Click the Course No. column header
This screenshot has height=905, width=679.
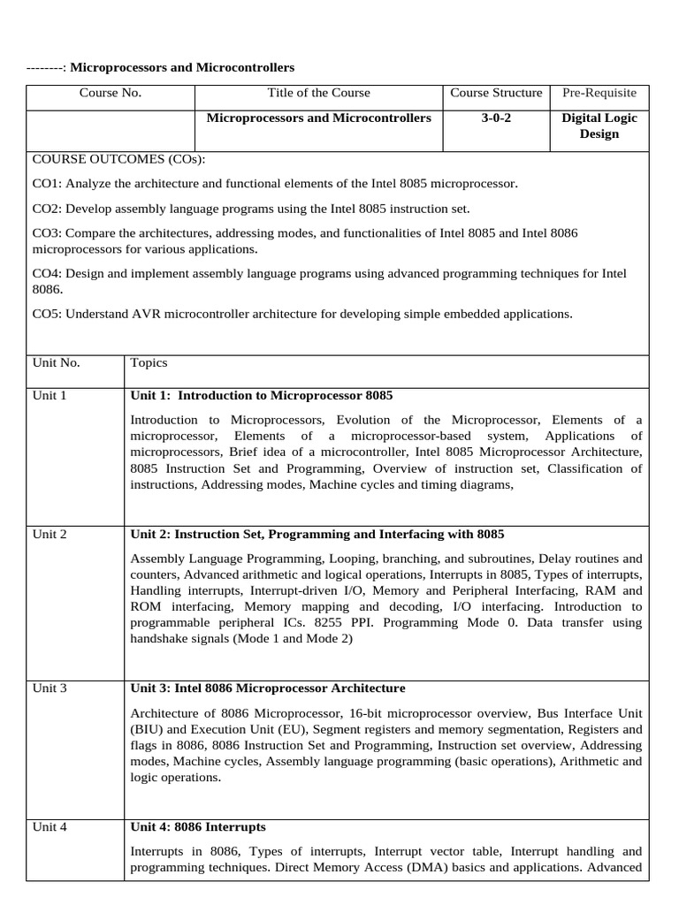pos(111,93)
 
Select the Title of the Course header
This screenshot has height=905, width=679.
pos(318,93)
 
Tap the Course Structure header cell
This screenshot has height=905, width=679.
pos(496,93)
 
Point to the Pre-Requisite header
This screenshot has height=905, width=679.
pos(599,93)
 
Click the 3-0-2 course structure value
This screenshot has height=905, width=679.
pos(496,118)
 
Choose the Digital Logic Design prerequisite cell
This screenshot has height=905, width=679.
pos(599,125)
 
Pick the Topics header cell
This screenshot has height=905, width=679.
pos(149,362)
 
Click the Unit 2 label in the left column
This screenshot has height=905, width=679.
pos(50,534)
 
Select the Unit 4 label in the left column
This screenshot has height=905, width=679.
pos(50,827)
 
